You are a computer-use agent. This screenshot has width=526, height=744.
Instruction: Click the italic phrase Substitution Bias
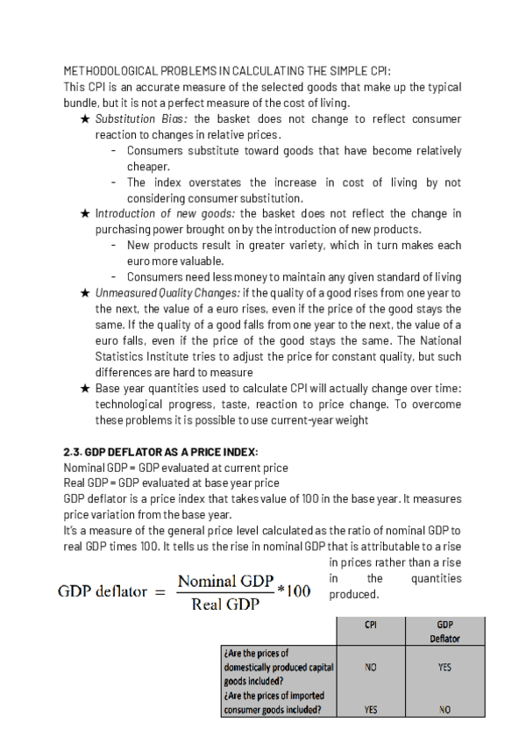(x=141, y=119)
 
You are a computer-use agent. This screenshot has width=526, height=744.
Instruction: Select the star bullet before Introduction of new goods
(x=85, y=213)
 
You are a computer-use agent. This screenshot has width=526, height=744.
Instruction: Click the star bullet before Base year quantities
(x=85, y=388)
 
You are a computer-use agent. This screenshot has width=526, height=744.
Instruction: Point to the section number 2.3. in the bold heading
(x=76, y=452)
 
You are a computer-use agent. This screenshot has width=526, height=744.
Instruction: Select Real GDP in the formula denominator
(x=224, y=604)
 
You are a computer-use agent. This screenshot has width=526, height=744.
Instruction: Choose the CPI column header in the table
(x=371, y=626)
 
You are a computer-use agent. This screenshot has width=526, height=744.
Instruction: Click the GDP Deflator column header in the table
(x=444, y=632)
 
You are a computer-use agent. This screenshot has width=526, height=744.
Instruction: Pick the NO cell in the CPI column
(x=371, y=668)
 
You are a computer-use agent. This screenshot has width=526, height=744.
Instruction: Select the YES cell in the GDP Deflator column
(x=444, y=668)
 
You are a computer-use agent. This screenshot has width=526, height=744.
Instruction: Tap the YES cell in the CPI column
(x=371, y=711)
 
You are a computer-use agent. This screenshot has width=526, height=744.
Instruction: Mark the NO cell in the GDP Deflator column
(x=444, y=711)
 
